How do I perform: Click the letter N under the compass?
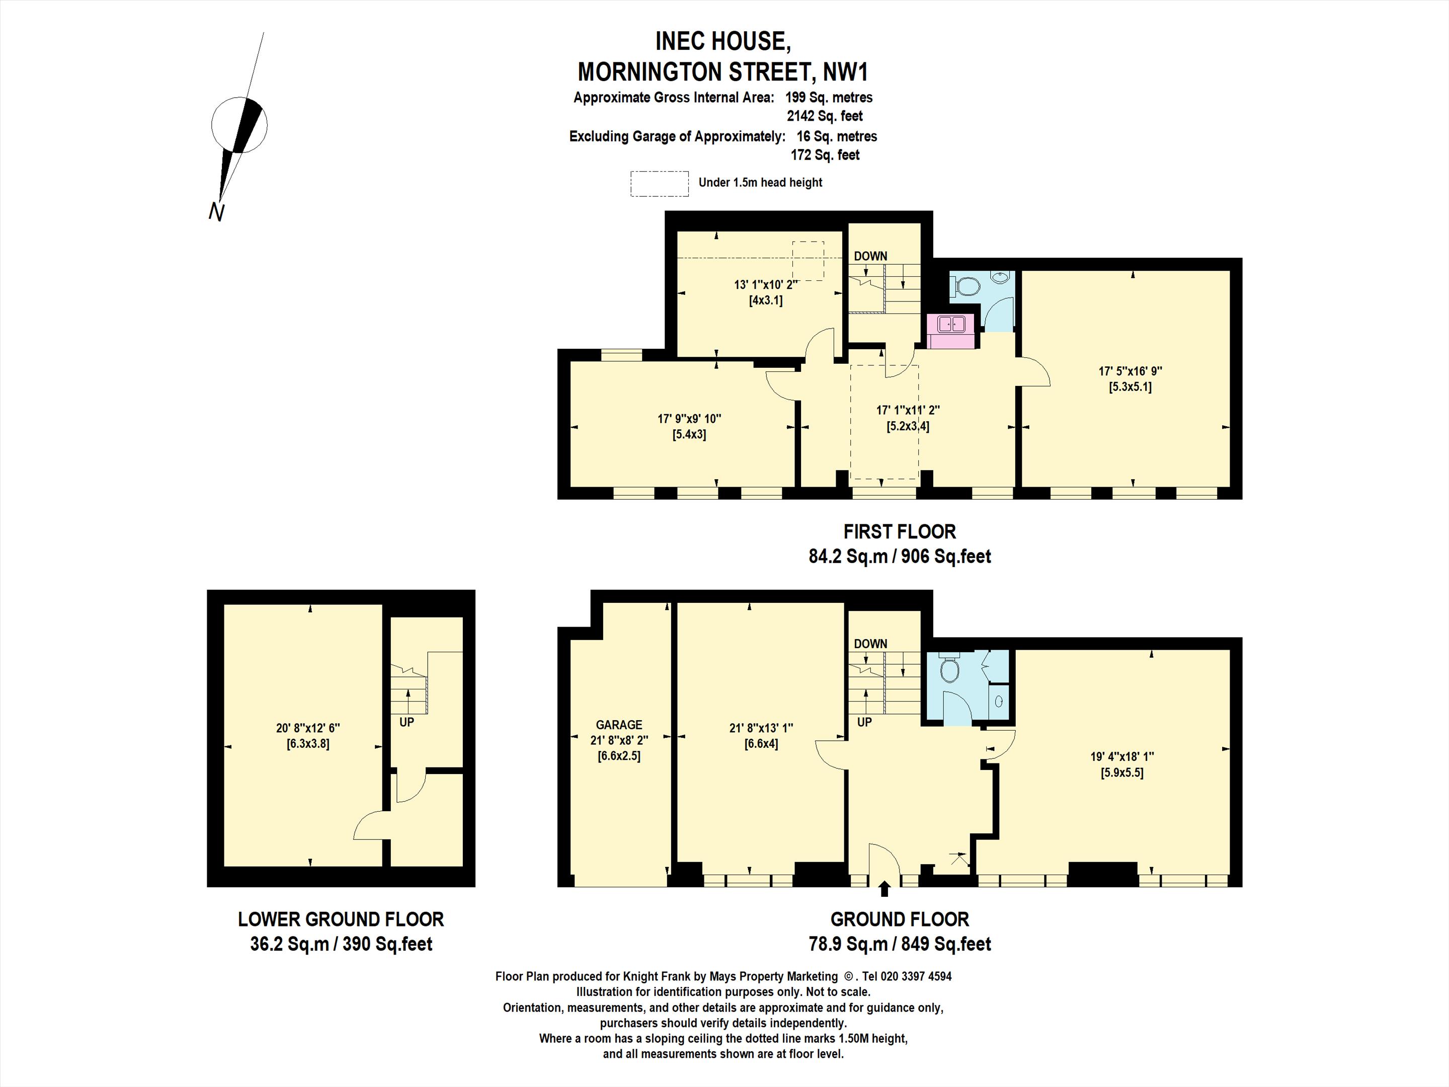(x=216, y=212)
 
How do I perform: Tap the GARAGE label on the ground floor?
(x=618, y=725)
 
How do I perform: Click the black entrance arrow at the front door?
(x=884, y=888)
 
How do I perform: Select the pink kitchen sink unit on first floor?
(x=950, y=331)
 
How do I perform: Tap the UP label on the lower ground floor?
(x=407, y=722)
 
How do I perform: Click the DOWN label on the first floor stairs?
(x=870, y=256)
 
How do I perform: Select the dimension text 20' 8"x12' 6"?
(x=308, y=728)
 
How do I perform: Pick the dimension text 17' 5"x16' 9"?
(x=1130, y=371)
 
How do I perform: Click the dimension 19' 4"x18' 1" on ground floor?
(x=1122, y=756)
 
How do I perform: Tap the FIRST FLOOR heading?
(x=900, y=531)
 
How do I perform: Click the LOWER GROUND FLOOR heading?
(x=341, y=919)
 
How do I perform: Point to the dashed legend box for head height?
(x=660, y=184)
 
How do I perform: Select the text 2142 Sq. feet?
(x=825, y=116)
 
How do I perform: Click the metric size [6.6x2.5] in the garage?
(x=618, y=755)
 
